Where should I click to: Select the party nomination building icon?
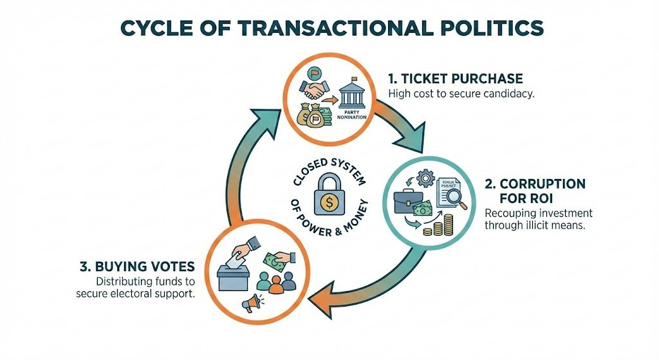click(351, 94)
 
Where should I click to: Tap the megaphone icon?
click(251, 302)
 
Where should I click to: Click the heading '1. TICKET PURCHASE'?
click(456, 79)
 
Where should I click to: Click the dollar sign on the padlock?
click(328, 204)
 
